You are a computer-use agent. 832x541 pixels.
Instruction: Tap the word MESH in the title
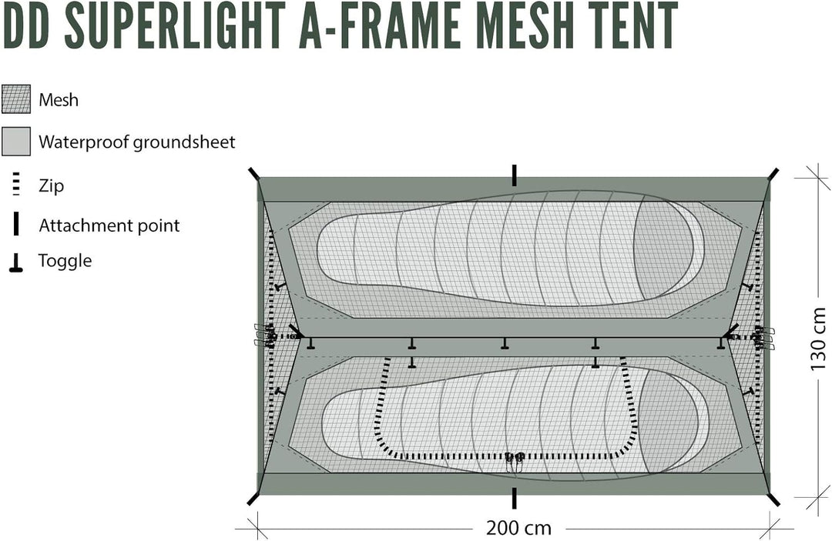545,25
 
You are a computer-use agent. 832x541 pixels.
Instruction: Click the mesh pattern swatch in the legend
16,99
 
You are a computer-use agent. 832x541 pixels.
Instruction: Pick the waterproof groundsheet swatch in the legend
16,141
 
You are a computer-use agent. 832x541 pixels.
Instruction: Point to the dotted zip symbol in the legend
16,185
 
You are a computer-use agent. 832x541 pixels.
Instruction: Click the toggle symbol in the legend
16,262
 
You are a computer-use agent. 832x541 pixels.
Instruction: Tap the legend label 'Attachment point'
109,225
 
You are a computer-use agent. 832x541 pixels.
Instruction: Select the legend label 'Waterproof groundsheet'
137,142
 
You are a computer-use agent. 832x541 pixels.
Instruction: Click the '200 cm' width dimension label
519,528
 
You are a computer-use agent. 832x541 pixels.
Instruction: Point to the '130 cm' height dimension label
818,339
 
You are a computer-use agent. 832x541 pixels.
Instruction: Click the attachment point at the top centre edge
514,175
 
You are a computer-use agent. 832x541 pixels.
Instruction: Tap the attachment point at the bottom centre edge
514,498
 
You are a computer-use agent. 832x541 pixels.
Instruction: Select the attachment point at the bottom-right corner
773,499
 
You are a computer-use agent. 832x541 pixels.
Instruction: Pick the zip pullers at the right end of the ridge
762,337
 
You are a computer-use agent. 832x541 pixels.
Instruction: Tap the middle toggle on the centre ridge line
505,344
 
